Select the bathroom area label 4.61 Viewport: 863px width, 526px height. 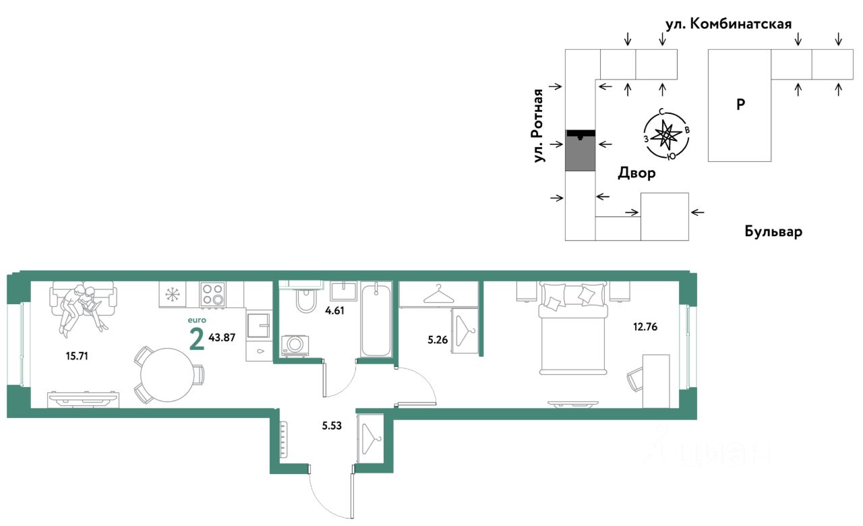point(335,312)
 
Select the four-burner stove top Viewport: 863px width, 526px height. point(212,294)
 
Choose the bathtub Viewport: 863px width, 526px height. point(376,320)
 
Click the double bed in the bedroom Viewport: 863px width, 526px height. point(573,330)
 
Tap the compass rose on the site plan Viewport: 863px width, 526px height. point(666,135)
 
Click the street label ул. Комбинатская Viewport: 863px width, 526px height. point(728,24)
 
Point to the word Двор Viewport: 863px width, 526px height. point(636,174)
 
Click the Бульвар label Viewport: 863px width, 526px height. point(774,232)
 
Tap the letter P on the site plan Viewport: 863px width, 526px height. point(740,105)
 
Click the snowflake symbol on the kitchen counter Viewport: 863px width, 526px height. point(173,295)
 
